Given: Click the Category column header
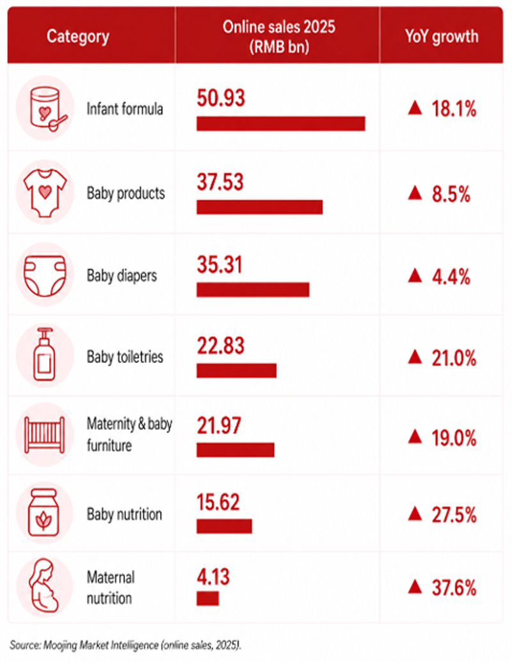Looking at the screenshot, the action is pos(78,36).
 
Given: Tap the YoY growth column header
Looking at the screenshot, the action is pos(442,36).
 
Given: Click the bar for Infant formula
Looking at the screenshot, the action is pos(281,124).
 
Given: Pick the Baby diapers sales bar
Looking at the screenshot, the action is pos(253,289).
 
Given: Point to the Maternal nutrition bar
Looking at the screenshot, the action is pos(207,598).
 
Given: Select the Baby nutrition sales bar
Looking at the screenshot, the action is pos(224,526).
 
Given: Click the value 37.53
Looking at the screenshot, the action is pos(220,182).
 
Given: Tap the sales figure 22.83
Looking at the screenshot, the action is pos(221,346).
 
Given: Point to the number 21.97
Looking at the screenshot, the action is pos(219,426).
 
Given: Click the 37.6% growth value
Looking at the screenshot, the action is pos(454,588).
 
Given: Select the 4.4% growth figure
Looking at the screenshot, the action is pos(451,277).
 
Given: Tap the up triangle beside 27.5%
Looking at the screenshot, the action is pos(415,514).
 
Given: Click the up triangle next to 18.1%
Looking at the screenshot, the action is pos(415,108).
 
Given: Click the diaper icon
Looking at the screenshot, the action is pos(45,275).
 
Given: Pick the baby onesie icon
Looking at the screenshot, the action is pos(45,193).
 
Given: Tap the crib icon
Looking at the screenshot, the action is pos(45,435).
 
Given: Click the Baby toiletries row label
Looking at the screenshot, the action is pos(125,357).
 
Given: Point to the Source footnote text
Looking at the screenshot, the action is pos(125,645).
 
